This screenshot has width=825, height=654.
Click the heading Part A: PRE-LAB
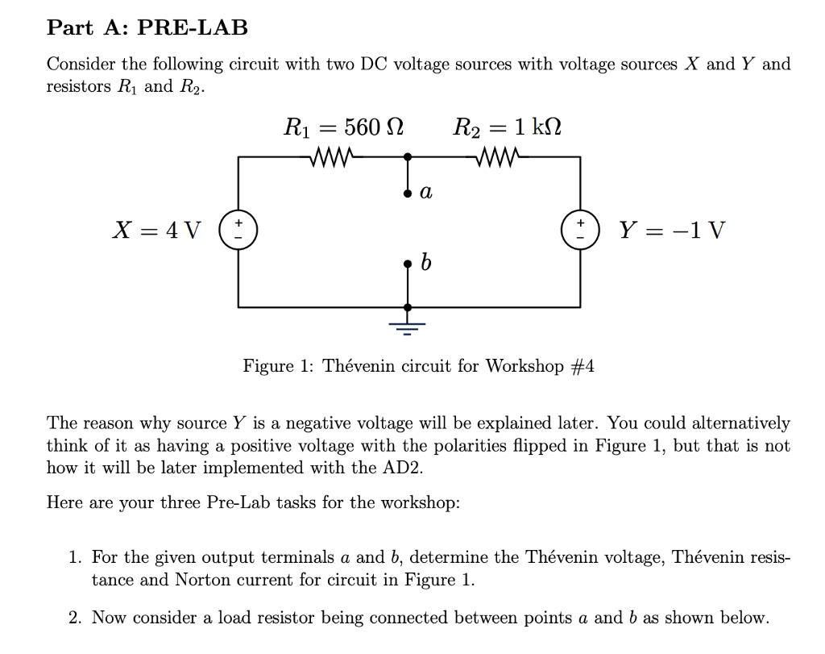(x=147, y=27)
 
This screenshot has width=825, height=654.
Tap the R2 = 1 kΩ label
(x=508, y=127)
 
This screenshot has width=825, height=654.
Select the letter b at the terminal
(x=427, y=262)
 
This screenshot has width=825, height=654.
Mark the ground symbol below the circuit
(x=408, y=325)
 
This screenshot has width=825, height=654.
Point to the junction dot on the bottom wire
(x=408, y=307)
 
